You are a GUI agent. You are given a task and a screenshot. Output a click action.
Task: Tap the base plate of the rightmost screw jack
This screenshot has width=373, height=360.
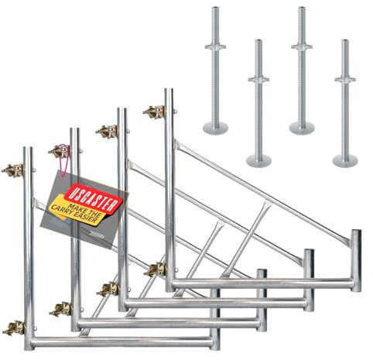coord(345,160)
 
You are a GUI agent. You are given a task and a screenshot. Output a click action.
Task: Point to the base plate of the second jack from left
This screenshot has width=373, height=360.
coord(258,160)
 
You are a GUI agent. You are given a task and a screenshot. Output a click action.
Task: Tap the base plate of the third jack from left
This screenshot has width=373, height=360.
coord(300,126)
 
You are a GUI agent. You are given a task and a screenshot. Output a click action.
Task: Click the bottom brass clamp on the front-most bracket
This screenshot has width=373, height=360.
coord(13,327)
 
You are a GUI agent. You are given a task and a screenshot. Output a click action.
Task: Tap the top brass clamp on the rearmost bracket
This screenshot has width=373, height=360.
coord(153,111)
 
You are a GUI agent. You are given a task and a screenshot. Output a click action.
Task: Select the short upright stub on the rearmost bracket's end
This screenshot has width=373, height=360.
coord(355,249)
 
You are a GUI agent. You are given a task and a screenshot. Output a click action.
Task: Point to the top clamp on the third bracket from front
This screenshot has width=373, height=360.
coord(107,129)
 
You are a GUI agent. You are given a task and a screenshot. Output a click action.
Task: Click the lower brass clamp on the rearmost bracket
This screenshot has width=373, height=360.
coord(156,270)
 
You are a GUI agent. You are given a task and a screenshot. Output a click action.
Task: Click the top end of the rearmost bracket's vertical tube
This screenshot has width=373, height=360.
coord(167,92)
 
